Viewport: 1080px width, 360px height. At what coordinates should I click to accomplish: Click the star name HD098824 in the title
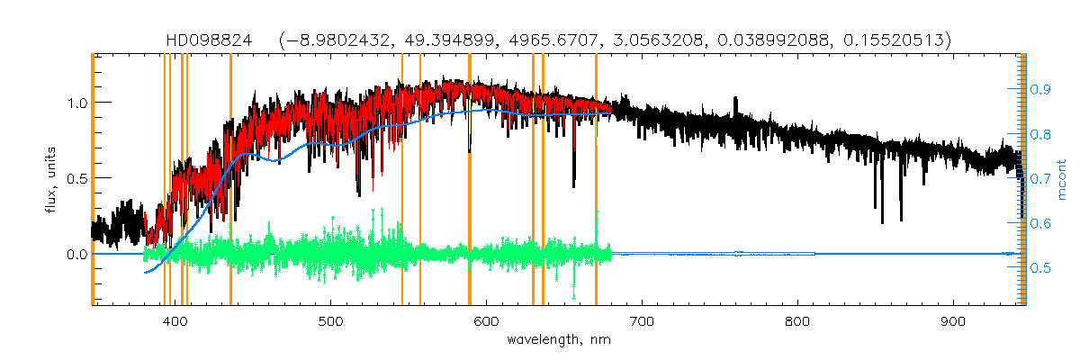pos(209,40)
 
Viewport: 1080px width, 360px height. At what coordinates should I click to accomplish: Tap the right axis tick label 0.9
pos(1041,89)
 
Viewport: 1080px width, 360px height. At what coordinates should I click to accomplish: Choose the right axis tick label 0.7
pos(1041,178)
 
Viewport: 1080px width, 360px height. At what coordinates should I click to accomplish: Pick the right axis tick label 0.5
pos(1041,268)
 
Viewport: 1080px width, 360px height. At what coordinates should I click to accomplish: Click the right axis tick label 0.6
pos(1041,223)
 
